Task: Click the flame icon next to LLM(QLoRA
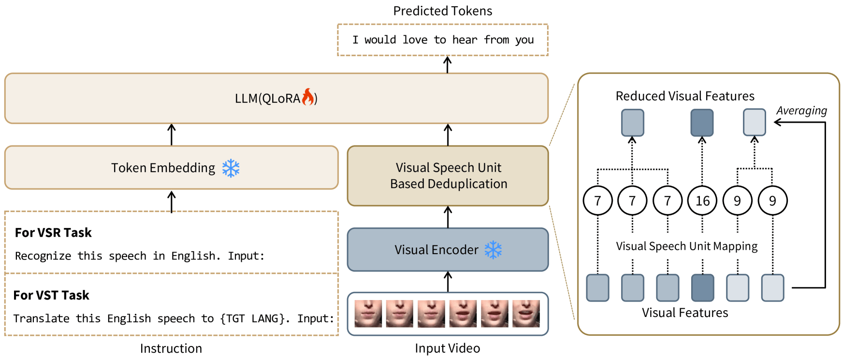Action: point(308,97)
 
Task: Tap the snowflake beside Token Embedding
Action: point(231,168)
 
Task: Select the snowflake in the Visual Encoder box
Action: point(493,250)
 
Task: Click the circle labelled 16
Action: point(702,201)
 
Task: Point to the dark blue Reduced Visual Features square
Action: point(702,123)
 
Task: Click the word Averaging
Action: point(801,111)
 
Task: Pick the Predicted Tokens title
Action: point(442,11)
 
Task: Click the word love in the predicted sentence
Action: point(415,40)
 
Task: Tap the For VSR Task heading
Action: point(53,233)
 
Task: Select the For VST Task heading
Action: point(51,295)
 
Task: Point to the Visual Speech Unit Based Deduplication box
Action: point(448,176)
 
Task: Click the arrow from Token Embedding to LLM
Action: point(172,134)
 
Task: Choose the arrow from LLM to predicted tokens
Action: point(448,65)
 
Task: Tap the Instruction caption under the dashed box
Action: point(171,348)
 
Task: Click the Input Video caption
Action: point(447,348)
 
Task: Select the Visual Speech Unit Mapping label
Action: point(686,246)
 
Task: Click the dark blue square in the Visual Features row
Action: point(702,288)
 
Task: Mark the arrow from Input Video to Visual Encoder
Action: point(448,282)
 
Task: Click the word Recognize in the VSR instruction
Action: point(43,256)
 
